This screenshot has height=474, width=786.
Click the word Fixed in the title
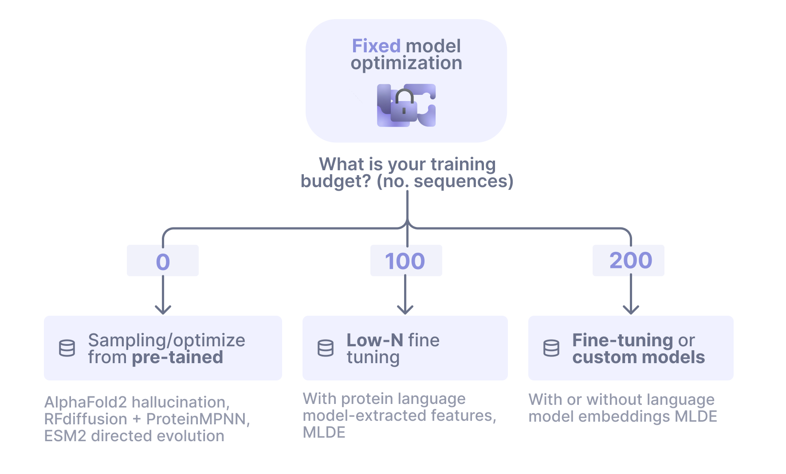[x=376, y=46]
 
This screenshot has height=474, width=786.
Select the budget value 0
[x=163, y=262]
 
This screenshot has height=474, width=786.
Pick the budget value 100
[x=405, y=261]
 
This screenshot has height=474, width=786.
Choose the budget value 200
[x=630, y=261]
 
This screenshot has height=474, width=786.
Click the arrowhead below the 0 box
[x=163, y=309]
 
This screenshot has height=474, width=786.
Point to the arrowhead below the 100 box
[x=405, y=309]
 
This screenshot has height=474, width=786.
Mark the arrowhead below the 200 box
[x=631, y=309]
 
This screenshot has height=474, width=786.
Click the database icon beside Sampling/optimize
[x=67, y=348]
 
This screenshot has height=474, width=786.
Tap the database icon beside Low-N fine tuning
[x=326, y=348]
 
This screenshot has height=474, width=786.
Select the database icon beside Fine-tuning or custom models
[x=551, y=348]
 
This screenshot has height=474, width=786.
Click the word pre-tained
[x=177, y=357]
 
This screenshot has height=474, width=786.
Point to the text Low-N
[x=375, y=341]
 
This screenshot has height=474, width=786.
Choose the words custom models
[x=638, y=357]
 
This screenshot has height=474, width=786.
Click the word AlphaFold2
[x=86, y=402]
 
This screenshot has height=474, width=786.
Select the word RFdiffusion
[x=86, y=419]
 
